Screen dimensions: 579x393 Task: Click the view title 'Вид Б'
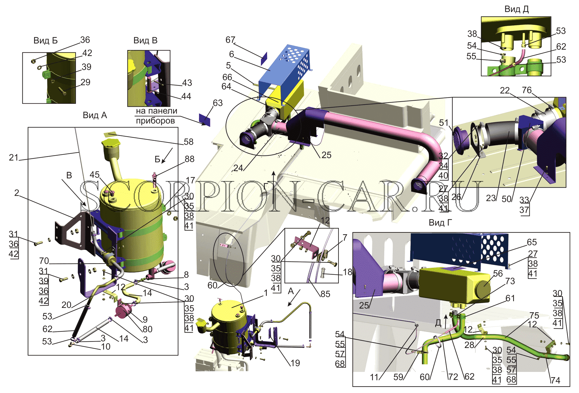pos(45,41)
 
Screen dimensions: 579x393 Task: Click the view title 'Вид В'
pos(145,41)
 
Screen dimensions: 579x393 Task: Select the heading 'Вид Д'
pos(516,9)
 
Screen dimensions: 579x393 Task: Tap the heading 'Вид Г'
pos(440,223)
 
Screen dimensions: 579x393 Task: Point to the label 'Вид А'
pos(95,115)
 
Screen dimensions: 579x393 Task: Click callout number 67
pos(230,40)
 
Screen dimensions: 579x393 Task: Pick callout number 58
pos(188,142)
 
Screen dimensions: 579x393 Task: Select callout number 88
pos(190,159)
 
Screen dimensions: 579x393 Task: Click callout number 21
pos(14,157)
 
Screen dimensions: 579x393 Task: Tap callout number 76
pos(527,90)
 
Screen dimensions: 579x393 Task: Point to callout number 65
pos(532,242)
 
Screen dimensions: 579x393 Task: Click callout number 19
pos(295,363)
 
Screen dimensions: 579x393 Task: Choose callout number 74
pos(555,380)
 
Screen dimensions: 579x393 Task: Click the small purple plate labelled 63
pos(204,120)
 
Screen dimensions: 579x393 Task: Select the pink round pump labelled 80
pos(122,311)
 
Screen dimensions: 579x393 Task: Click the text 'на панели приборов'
pos(156,116)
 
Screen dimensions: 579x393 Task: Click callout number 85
pos(325,294)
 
